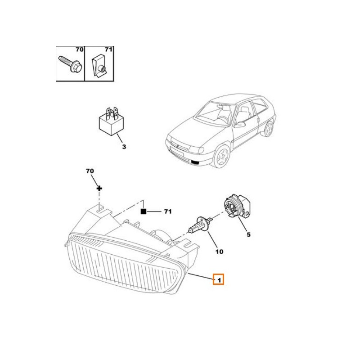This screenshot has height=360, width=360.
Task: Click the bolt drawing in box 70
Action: [70, 64]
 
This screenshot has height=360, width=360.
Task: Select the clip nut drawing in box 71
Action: [99, 65]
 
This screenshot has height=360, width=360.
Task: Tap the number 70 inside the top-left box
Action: [80, 49]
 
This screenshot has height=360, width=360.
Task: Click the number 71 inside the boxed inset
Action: [108, 49]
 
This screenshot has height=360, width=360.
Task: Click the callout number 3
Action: [124, 147]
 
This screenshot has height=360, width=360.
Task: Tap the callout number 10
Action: [219, 252]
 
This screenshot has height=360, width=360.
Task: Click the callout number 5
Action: [248, 234]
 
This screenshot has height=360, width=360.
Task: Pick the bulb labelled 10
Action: [200, 225]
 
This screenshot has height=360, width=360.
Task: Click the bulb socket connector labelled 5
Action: [237, 206]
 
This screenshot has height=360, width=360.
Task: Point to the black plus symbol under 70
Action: [99, 189]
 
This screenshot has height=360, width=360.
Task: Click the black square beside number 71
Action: [143, 211]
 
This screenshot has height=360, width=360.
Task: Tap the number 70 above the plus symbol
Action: [90, 171]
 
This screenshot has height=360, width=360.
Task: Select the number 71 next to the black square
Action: [168, 211]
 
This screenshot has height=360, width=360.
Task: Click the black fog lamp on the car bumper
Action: [195, 163]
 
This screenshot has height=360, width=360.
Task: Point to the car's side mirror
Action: [240, 125]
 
